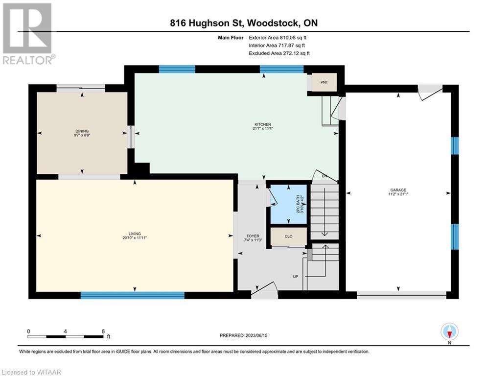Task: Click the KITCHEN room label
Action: [x=263, y=124]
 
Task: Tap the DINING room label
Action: [x=82, y=131]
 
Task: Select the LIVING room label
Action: [x=135, y=234]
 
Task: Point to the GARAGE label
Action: [x=398, y=190]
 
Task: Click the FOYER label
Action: [x=253, y=236]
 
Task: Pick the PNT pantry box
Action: [x=324, y=82]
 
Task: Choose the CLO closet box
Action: [x=289, y=236]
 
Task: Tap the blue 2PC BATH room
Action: [x=289, y=204]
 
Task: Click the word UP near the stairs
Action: [x=295, y=277]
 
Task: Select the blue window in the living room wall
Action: [x=132, y=295]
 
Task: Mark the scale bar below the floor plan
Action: [x=65, y=336]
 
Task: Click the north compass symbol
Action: [x=449, y=332]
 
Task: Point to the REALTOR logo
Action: [x=28, y=33]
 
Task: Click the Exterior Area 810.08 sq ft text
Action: [x=278, y=38]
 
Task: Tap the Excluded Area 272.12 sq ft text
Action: [x=279, y=53]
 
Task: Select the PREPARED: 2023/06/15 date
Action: [x=244, y=335]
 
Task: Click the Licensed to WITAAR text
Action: [x=31, y=372]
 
